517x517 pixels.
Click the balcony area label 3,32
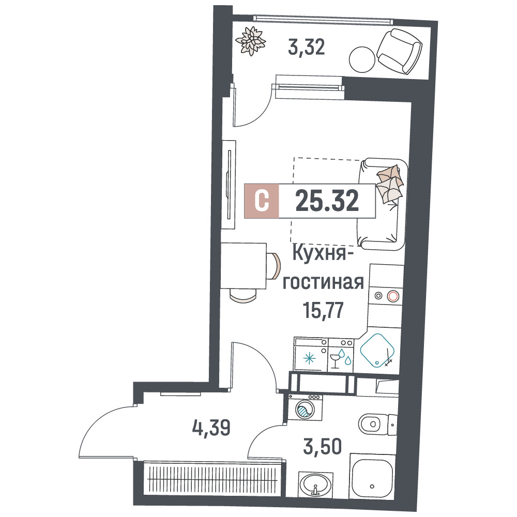coord(306,47)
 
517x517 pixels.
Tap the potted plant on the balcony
coord(251,41)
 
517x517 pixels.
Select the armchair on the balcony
coord(399,51)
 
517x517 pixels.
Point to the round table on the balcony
coord(362,59)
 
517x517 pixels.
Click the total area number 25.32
coord(327,201)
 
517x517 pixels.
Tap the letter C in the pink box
coord(262,201)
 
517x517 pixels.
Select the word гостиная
coord(323,283)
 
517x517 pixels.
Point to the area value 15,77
coord(323,310)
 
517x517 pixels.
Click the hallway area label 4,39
coord(211,428)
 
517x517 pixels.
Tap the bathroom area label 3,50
coord(322,447)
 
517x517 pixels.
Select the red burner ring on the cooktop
coord(393,296)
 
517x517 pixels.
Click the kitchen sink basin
coord(377,350)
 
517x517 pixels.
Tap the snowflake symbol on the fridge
coord(309,358)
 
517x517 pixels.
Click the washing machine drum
coord(305,409)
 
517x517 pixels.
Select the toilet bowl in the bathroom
coord(371,424)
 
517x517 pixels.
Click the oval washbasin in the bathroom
coord(315,484)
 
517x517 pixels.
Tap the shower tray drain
coord(372,486)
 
